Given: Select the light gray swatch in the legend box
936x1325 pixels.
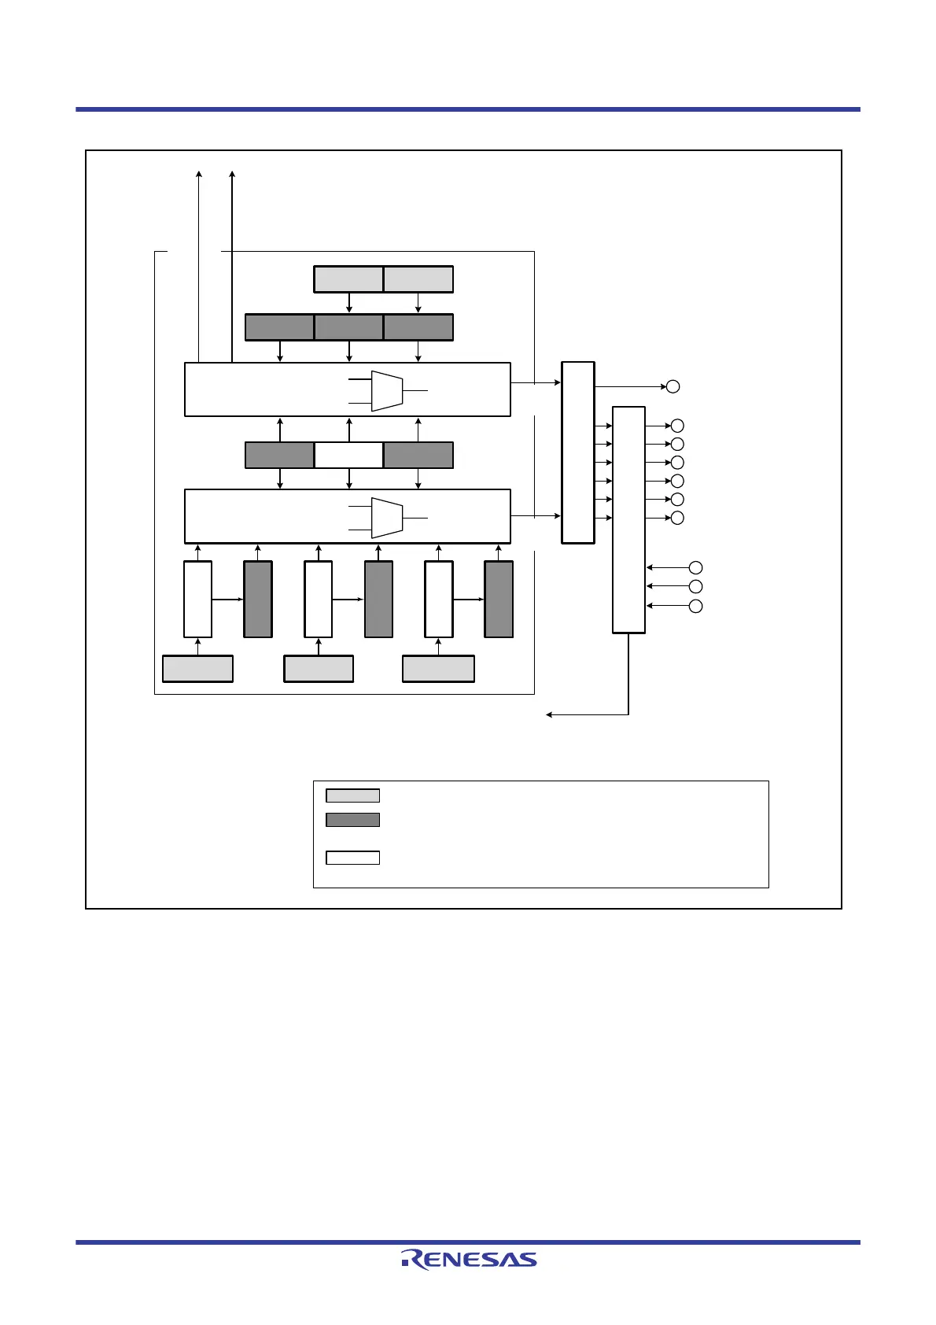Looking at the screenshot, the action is [352, 795].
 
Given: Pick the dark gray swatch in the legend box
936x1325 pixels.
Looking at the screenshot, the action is [352, 820].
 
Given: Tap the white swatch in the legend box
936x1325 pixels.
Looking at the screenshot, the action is [352, 858].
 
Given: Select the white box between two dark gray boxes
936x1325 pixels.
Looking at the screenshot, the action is [348, 456].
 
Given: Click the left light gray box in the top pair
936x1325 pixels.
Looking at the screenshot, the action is [348, 279].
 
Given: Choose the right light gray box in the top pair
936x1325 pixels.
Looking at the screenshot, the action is [418, 279].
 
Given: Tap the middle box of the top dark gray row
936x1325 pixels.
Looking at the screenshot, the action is [348, 327].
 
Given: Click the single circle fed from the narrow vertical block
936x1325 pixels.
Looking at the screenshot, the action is [673, 386].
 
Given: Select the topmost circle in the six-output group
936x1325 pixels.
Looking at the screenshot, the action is [677, 426].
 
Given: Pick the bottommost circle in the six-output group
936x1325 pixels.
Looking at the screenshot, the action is [677, 518].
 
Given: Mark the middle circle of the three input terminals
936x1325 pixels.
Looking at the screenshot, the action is [695, 586].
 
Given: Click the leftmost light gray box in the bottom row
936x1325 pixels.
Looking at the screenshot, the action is [197, 669].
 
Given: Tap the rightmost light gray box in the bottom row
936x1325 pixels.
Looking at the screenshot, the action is [438, 669].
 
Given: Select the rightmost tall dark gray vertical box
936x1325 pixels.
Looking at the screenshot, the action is [499, 600].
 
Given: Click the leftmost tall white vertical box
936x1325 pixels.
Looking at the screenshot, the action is [197, 600].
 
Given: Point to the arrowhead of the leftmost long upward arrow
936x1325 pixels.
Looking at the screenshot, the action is [199, 173].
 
